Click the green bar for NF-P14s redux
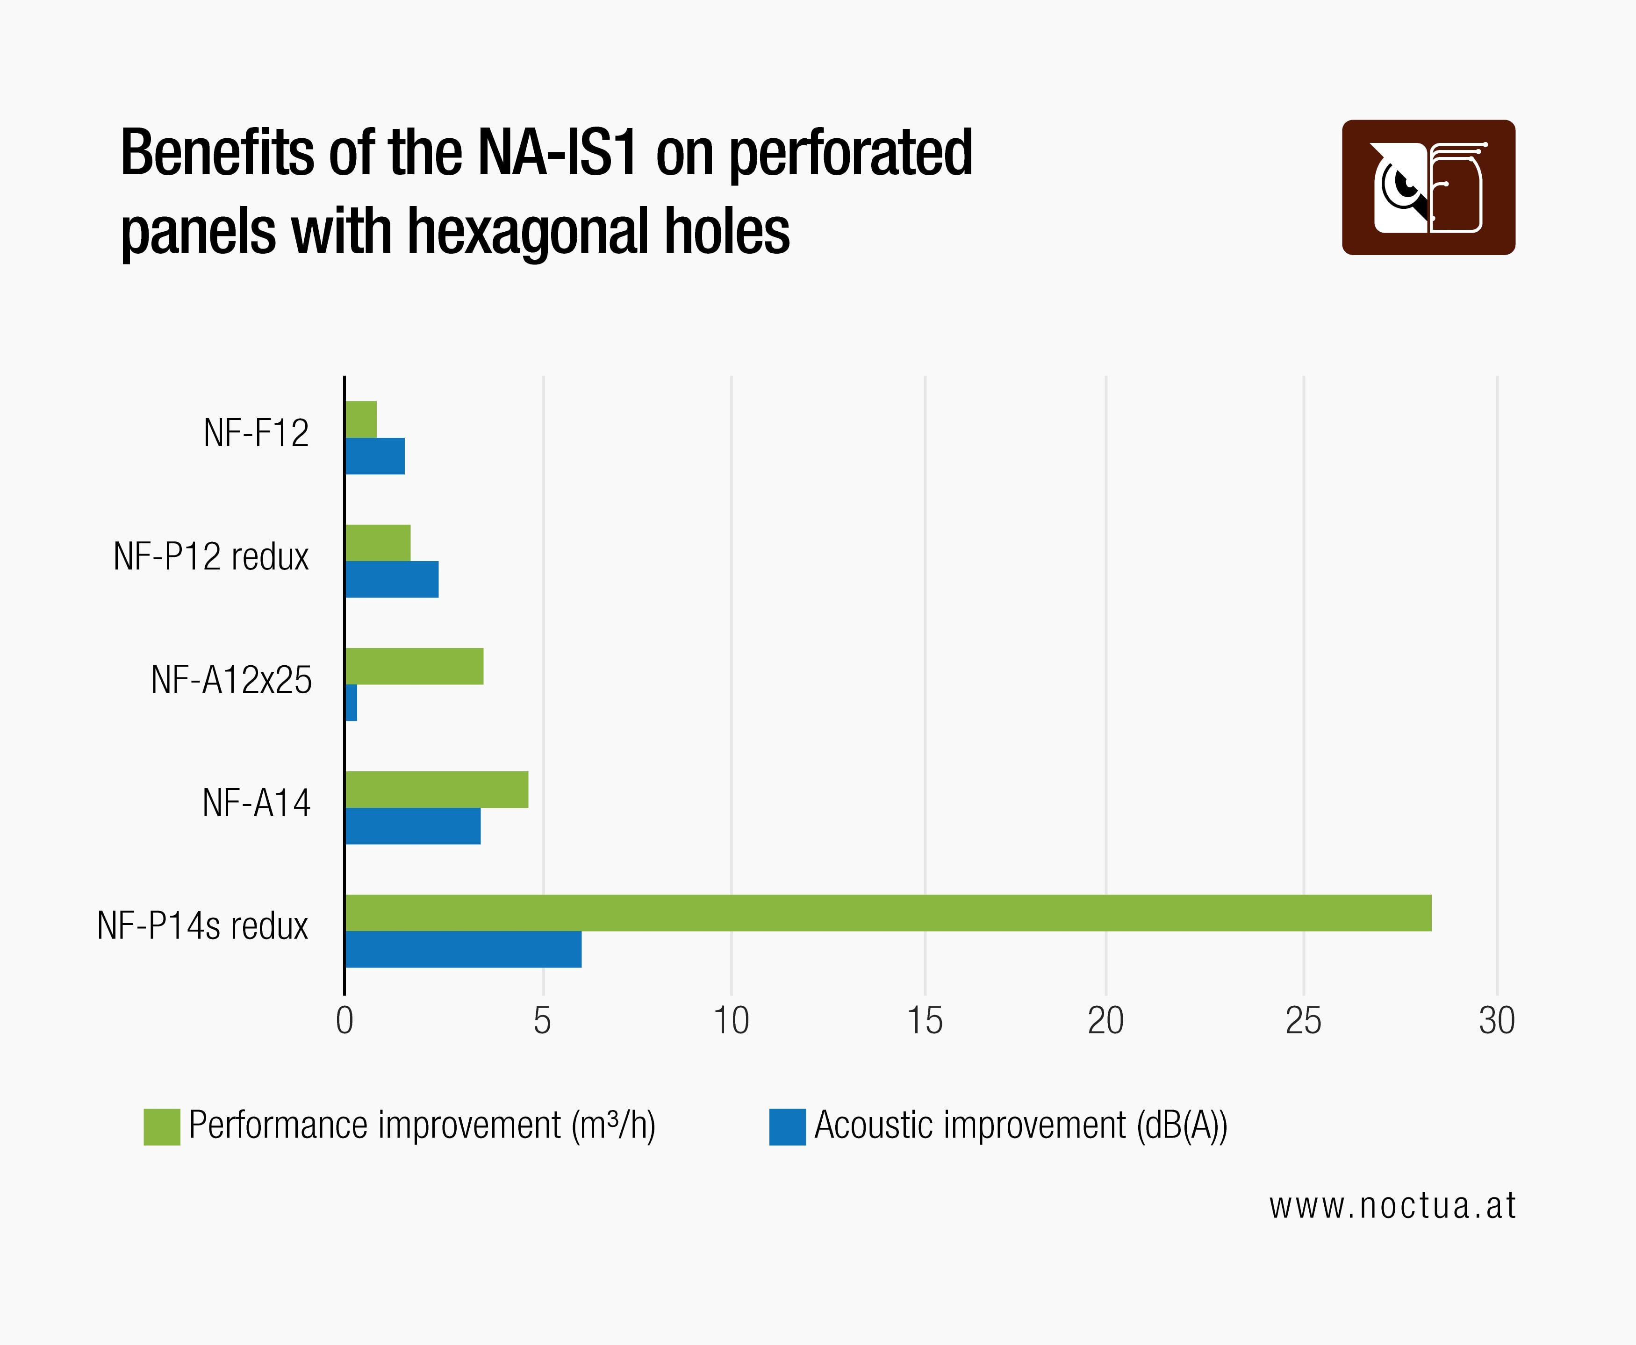887,913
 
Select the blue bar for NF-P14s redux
463,949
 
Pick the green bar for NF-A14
436,790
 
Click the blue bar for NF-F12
375,456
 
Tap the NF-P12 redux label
211,556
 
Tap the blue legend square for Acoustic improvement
788,1126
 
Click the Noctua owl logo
1428,187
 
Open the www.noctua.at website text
1392,1206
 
